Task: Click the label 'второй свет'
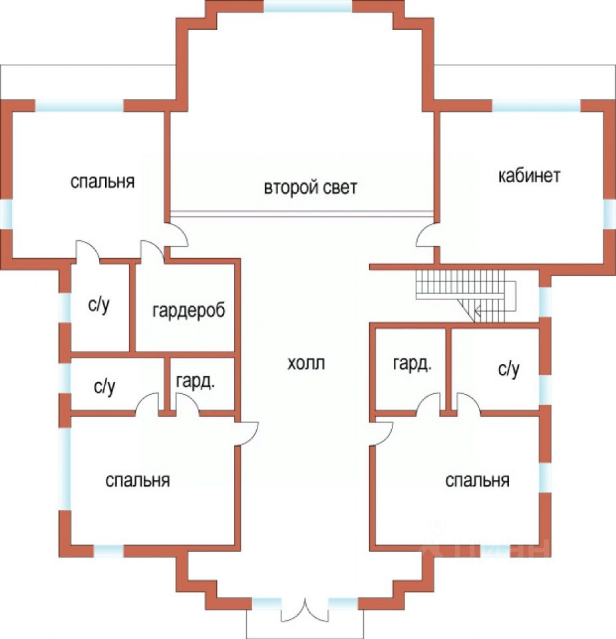(310, 188)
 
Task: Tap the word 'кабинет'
(529, 176)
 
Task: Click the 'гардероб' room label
(189, 310)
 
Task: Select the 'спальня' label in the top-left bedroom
(102, 181)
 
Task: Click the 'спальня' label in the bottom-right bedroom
(477, 481)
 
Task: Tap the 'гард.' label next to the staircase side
(412, 364)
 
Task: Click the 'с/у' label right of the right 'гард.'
(508, 370)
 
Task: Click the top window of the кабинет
(536, 106)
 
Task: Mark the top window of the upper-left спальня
(80, 106)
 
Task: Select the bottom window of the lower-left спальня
(108, 550)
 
